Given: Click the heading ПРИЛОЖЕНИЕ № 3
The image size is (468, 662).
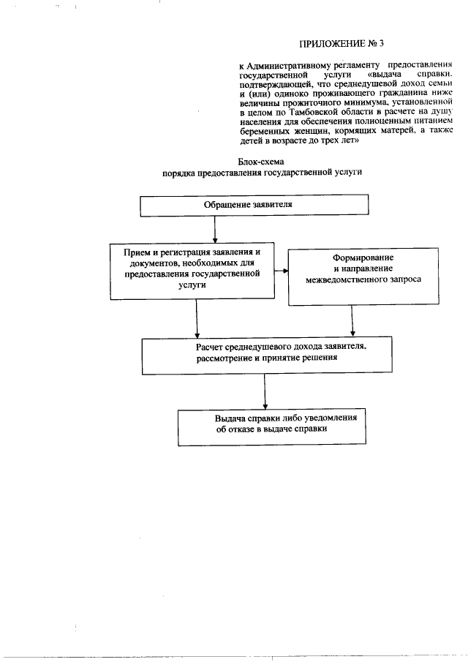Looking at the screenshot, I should point(341,42).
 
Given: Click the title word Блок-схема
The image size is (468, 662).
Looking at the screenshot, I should point(261,160).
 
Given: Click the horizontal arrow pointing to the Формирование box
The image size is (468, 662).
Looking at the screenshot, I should point(280,271).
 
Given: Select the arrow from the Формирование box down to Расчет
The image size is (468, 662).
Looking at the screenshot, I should point(354,320).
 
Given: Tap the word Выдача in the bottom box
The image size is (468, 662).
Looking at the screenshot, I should point(230,418).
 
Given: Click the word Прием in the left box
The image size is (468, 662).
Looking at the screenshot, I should point(137,251).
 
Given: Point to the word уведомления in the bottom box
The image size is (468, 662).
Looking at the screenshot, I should point(330,418).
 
